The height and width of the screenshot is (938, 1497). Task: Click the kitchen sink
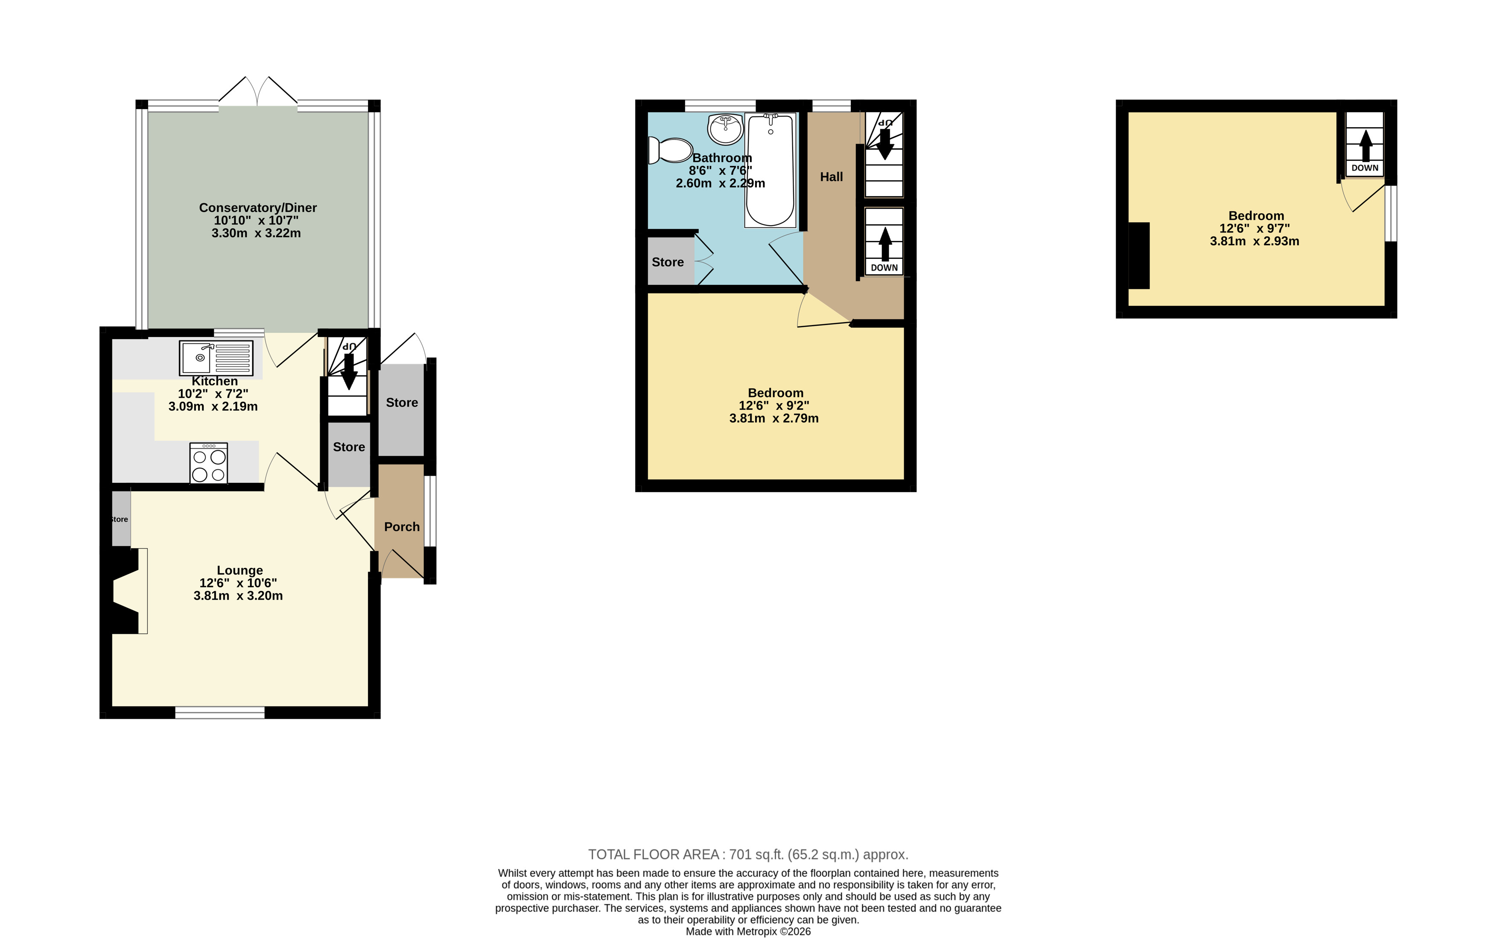click(x=216, y=358)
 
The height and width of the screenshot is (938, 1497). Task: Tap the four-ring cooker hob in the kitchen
click(x=209, y=463)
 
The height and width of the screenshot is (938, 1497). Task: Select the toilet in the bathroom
click(x=670, y=150)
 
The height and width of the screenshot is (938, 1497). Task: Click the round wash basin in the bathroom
click(x=725, y=129)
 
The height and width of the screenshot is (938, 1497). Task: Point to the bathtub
click(x=770, y=170)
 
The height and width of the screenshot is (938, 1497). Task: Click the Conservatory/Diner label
click(x=257, y=208)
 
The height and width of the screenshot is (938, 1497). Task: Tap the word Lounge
click(x=239, y=570)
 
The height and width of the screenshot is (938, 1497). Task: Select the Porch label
click(x=402, y=527)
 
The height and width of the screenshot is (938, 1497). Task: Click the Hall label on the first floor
click(x=831, y=177)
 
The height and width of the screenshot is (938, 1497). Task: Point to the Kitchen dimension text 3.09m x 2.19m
click(x=213, y=407)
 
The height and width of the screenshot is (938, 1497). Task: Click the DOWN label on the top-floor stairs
click(x=1365, y=168)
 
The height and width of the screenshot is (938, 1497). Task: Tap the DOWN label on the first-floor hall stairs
click(x=884, y=267)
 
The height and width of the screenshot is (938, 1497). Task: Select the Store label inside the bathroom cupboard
click(x=667, y=262)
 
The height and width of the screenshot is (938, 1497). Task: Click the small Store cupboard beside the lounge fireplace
click(x=121, y=519)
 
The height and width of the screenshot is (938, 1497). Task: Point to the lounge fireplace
click(x=127, y=591)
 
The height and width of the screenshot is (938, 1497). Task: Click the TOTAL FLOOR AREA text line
click(x=748, y=854)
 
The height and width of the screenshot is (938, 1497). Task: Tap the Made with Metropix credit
click(x=748, y=931)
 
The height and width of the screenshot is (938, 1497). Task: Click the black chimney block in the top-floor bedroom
click(x=1139, y=256)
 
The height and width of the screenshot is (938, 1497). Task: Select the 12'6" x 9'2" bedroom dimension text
click(x=773, y=406)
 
